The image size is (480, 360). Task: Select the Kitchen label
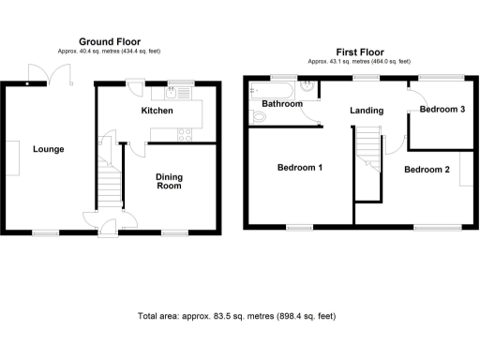pyautogui.click(x=157, y=111)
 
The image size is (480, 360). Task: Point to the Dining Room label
pyautogui.click(x=169, y=181)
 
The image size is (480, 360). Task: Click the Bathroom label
pyautogui.click(x=282, y=104)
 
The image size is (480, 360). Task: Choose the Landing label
pyautogui.click(x=365, y=111)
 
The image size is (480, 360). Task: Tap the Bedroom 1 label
pyautogui.click(x=300, y=169)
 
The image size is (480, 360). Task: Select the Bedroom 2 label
pyautogui.click(x=427, y=170)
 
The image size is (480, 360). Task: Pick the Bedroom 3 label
pyautogui.click(x=442, y=110)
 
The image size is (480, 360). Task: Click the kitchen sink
pyautogui.click(x=174, y=93)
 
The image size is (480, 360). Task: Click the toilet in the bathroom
pyautogui.click(x=258, y=117)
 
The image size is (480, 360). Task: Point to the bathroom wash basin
pyautogui.click(x=308, y=91)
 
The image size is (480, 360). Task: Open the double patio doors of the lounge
pyautogui.click(x=42, y=72)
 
